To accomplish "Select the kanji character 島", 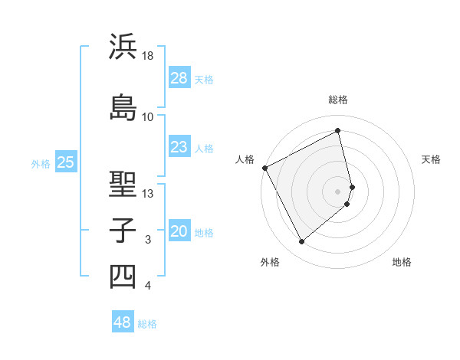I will [123, 106].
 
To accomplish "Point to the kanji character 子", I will [123, 229].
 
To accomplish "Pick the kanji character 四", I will [123, 276].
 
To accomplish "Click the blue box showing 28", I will [179, 78].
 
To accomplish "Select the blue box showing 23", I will [179, 147].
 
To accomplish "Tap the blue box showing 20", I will [179, 232].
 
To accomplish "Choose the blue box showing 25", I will [66, 162].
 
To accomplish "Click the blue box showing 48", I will [123, 322].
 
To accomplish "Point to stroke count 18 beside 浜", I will [148, 56].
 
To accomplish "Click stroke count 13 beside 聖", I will [148, 194].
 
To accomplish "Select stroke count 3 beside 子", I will [148, 241].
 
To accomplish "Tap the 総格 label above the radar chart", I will [338, 100].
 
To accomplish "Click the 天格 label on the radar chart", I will [431, 159].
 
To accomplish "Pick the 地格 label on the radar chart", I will [402, 262].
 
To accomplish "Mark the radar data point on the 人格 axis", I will [264, 168].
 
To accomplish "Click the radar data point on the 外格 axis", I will [301, 242].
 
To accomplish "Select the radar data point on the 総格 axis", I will [338, 130].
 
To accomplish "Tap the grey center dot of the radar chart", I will [338, 191].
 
